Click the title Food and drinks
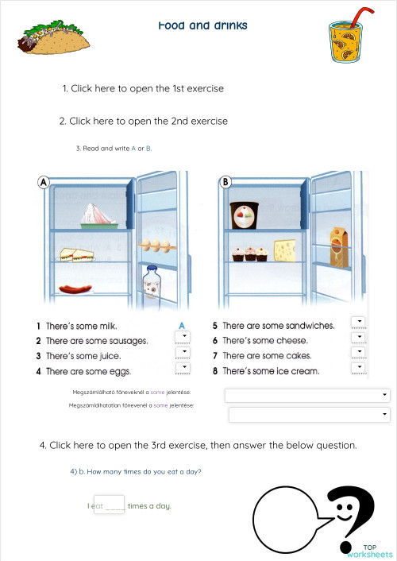[x=202, y=25]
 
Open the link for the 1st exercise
[x=143, y=89]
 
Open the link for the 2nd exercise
[x=143, y=122]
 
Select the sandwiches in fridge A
[x=77, y=254]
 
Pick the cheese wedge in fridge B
[x=285, y=251]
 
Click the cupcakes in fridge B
[x=249, y=254]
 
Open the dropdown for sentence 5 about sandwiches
[x=359, y=323]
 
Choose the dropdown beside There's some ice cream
[x=359, y=369]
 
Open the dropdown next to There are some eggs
[x=183, y=369]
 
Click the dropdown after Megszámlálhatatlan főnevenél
[x=309, y=415]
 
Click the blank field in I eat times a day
[x=109, y=505]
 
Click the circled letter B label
[x=225, y=182]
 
